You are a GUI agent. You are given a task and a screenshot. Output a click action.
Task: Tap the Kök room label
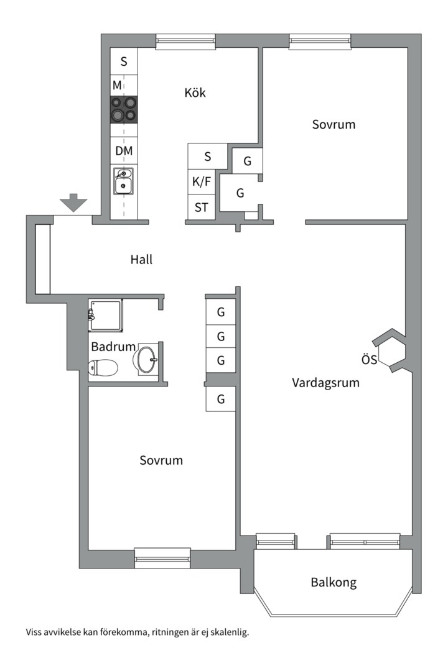click(x=195, y=93)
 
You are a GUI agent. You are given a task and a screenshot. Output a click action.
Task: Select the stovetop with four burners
click(x=124, y=109)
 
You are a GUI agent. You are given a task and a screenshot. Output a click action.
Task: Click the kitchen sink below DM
click(x=124, y=181)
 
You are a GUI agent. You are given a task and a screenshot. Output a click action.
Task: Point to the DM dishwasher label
click(x=124, y=151)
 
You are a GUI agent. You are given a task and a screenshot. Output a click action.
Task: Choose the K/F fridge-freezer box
click(x=202, y=182)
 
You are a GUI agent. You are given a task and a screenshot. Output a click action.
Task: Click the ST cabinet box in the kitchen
click(x=202, y=208)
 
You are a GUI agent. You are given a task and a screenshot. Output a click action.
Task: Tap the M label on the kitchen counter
click(x=118, y=84)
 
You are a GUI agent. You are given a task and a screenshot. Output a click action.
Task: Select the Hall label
click(x=141, y=260)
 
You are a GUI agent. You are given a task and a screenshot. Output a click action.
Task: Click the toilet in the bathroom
click(x=103, y=368)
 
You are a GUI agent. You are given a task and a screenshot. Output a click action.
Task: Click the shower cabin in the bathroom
click(x=105, y=315)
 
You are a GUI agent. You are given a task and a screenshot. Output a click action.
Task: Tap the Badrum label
click(x=113, y=347)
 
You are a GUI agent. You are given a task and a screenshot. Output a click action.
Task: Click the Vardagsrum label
click(x=325, y=383)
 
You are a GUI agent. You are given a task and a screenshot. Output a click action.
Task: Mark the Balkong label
click(x=334, y=583)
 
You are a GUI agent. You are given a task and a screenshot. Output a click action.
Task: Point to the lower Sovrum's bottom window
click(x=162, y=558)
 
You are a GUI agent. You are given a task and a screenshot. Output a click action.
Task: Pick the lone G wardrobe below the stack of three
click(x=221, y=399)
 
